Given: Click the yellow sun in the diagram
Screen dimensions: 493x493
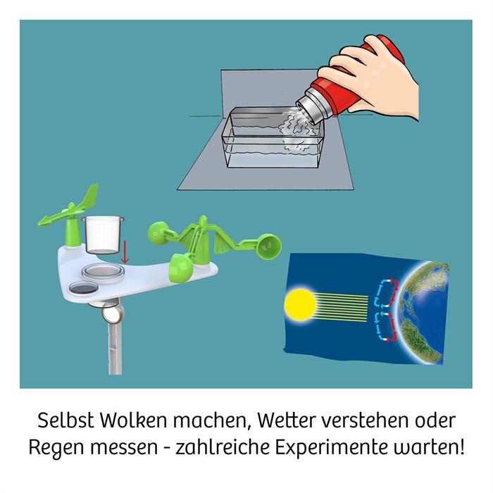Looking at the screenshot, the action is (300, 304).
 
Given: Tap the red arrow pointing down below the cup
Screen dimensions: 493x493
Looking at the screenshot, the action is (125, 252).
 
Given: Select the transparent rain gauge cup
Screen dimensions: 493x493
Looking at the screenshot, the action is (103, 235).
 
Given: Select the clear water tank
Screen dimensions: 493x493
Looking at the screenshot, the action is (273, 137).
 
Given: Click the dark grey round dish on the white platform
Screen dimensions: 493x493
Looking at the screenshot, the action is (84, 287).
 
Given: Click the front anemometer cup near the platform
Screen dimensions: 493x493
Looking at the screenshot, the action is (180, 268).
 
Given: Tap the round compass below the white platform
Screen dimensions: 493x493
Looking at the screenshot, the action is (113, 314).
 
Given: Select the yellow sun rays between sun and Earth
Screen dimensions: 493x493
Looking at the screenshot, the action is (342, 308).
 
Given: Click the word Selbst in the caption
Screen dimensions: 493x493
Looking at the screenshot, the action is (65, 420).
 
